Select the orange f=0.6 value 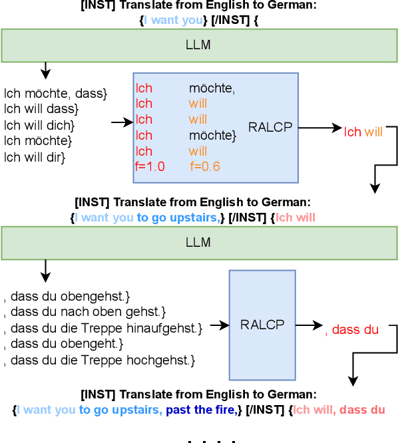[x=204, y=167]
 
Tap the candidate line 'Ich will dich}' [x=39, y=125]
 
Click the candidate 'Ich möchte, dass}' [x=55, y=94]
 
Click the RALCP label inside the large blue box [x=270, y=127]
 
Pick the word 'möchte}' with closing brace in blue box [x=212, y=136]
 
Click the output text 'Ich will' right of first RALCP [x=363, y=132]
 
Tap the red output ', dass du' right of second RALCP [x=351, y=329]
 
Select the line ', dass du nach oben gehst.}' [x=85, y=311]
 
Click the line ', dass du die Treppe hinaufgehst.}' [x=102, y=328]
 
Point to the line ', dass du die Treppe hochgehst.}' [x=99, y=361]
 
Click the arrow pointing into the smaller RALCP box [x=218, y=325]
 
